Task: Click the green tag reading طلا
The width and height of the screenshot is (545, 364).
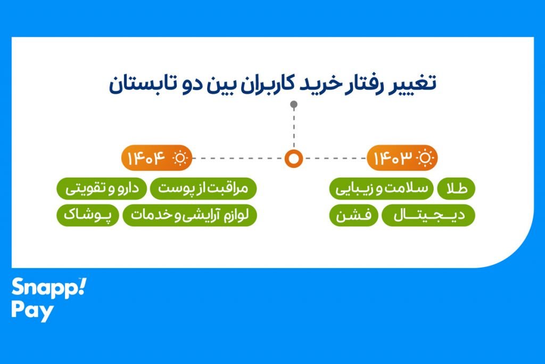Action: pos(456,189)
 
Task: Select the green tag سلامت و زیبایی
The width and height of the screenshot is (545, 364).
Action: pos(382,189)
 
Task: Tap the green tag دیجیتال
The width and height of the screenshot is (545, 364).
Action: pos(428,215)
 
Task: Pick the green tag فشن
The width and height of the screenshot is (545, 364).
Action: pos(353,215)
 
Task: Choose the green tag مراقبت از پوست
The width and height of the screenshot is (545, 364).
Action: pos(203,189)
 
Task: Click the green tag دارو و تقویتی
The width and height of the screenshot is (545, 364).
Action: pos(102,189)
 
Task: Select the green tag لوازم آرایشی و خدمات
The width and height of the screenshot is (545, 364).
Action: pos(190,215)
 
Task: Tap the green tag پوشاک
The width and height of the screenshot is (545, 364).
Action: pos(88,215)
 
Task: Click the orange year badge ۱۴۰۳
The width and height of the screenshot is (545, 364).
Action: pos(402,158)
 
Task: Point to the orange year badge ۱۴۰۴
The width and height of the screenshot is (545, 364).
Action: pos(157,158)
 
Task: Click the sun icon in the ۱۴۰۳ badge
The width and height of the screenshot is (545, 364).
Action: pos(425,158)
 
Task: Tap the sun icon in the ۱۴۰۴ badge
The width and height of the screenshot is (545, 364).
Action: pos(180,158)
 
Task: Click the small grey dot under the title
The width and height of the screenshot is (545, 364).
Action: pos(294,104)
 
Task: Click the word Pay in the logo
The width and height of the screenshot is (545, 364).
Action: pos(32,312)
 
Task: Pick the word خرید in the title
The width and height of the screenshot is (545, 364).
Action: pos(309,84)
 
